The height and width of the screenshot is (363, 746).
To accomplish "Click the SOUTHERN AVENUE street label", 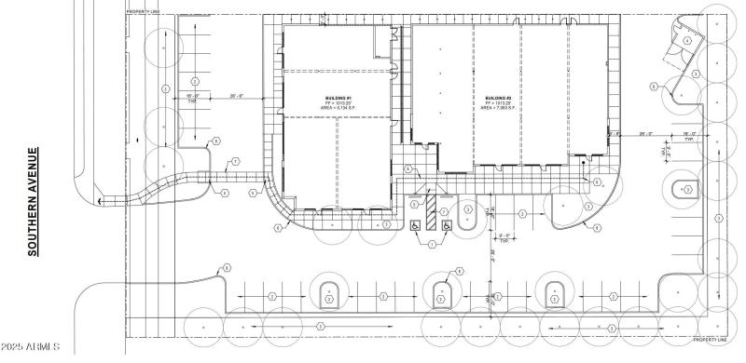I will (32, 201).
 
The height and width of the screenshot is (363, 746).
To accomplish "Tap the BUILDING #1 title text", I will (337, 98).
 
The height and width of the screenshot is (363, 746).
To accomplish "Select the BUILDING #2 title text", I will (495, 97).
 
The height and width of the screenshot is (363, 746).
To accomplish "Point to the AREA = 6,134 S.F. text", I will (337, 109).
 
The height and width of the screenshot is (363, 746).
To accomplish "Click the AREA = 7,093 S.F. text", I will (495, 108).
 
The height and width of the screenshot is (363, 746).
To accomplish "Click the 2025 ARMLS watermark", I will (31, 348).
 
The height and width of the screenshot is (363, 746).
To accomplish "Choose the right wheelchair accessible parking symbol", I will (447, 224).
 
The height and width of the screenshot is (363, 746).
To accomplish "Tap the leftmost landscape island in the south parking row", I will (329, 297).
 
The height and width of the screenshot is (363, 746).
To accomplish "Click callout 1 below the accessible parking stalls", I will (431, 245).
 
